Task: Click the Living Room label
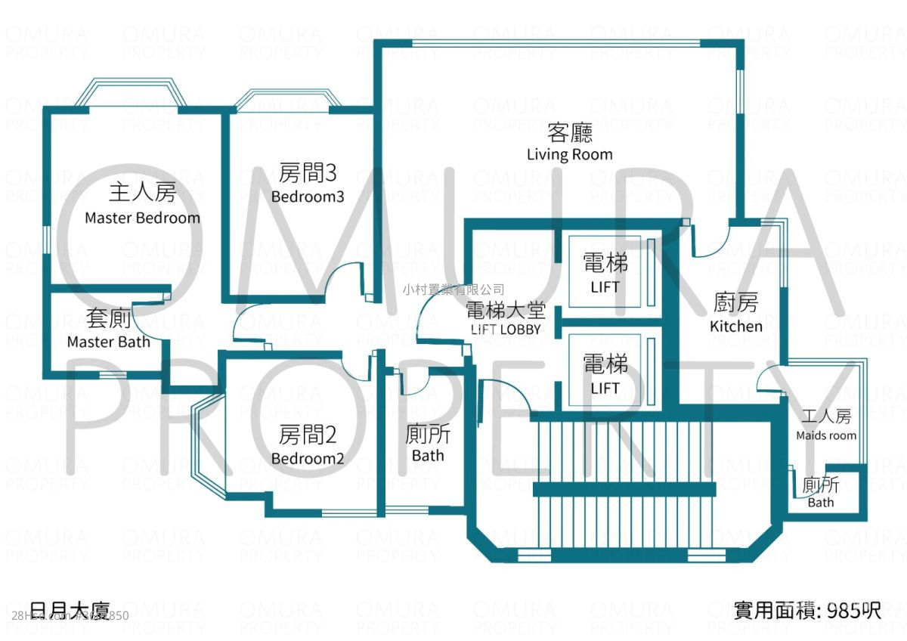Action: click(569, 154)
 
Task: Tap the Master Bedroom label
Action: click(142, 218)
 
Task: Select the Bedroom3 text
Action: click(308, 197)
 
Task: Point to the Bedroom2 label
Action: click(308, 459)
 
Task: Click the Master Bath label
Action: click(108, 342)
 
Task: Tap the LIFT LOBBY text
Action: click(505, 330)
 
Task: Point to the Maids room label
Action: click(826, 435)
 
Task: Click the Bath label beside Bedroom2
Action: click(428, 456)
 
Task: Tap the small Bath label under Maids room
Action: click(821, 503)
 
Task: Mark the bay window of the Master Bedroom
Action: click(133, 92)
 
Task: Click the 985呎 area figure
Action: click(854, 610)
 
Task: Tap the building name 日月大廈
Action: click(72, 610)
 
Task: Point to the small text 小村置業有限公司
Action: click(453, 289)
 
